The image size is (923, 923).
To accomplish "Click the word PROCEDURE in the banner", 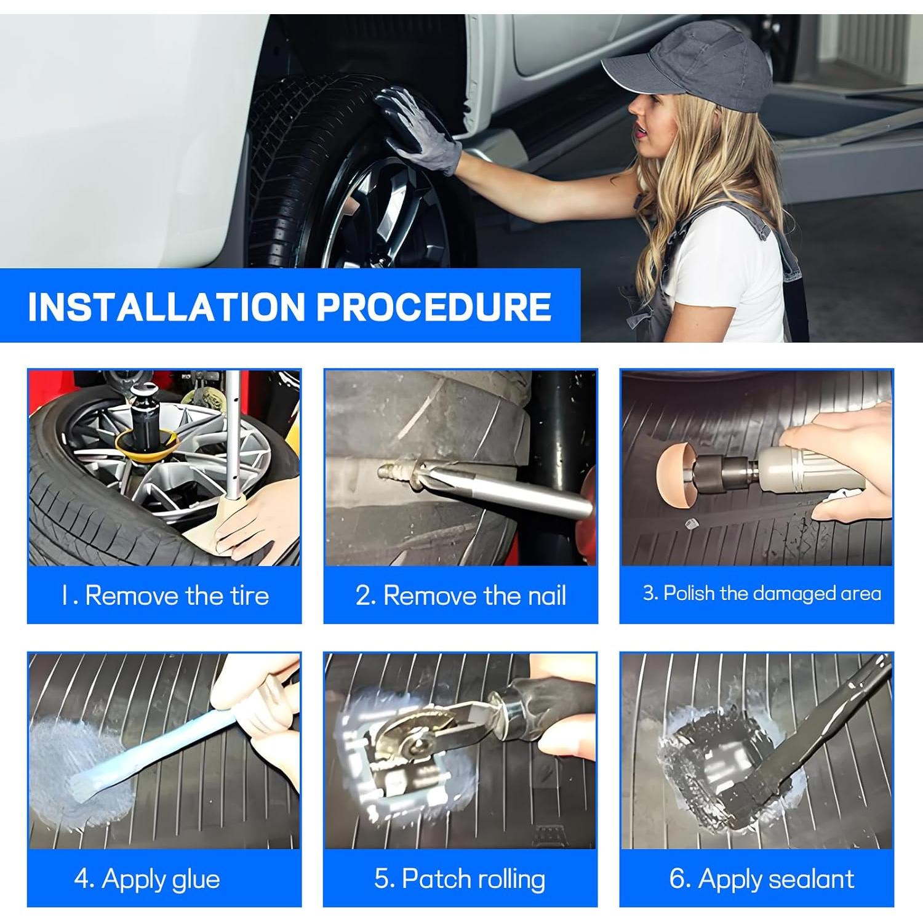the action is [x=434, y=306].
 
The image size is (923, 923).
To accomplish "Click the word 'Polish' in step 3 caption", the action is [x=690, y=593].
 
